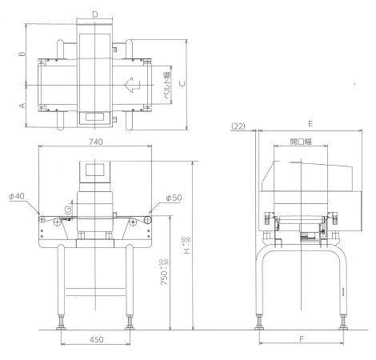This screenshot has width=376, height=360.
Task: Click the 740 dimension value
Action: [x=95, y=142]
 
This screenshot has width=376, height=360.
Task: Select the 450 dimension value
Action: [x=96, y=339]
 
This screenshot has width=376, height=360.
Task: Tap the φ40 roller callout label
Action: [x=17, y=196]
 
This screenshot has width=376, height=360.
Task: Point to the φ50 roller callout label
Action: [x=174, y=198]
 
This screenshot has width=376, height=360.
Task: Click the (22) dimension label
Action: [x=238, y=126]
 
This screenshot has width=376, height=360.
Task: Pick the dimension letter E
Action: [x=310, y=124]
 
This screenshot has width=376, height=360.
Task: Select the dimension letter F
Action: [x=302, y=339]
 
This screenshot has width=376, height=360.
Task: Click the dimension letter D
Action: [x=95, y=14]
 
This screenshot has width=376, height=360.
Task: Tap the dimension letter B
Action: [x=22, y=54]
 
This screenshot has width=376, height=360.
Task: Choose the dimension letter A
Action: [x=22, y=106]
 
